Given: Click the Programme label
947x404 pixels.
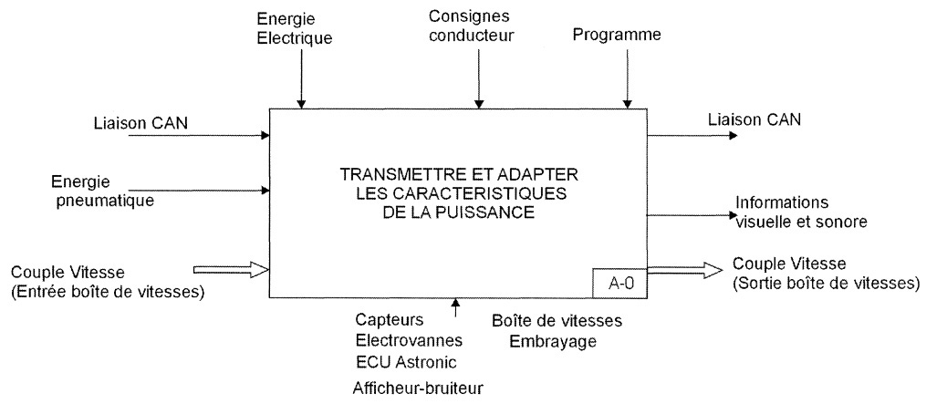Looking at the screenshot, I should [617, 36].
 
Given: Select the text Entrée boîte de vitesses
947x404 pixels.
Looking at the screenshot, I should [108, 292].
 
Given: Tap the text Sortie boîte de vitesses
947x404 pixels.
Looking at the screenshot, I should [826, 283].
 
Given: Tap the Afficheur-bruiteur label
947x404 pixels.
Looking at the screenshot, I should [418, 388].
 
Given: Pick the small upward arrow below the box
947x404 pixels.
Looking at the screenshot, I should [455, 308].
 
